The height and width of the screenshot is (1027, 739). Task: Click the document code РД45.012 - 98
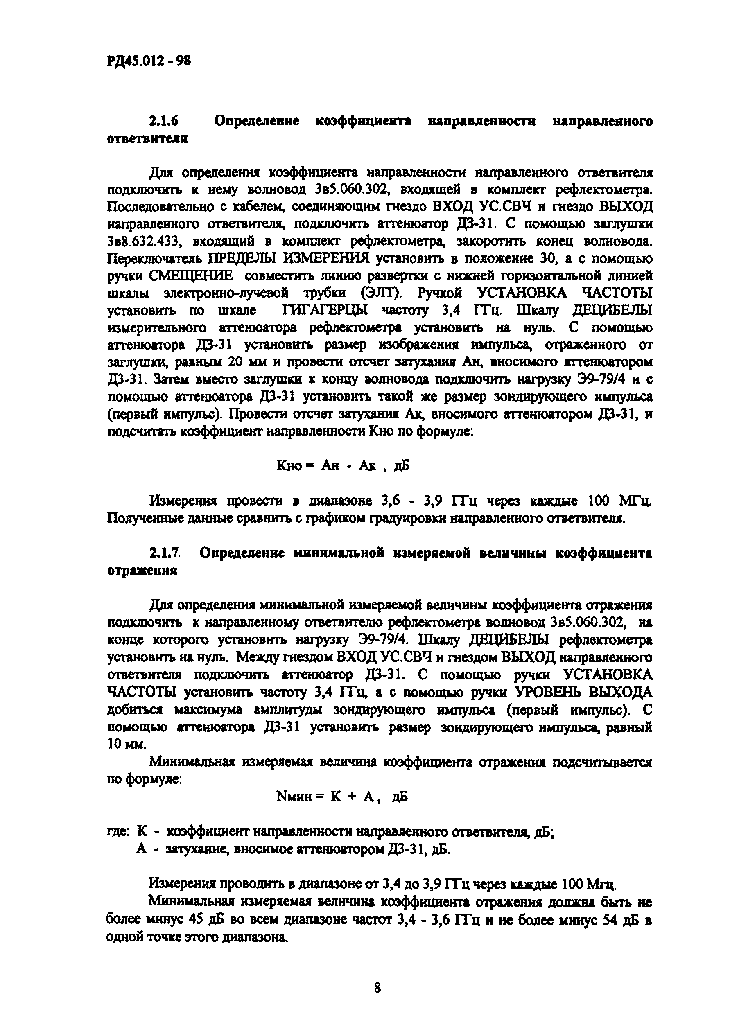(149, 61)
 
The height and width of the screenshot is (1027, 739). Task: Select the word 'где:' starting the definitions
(119, 831)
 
